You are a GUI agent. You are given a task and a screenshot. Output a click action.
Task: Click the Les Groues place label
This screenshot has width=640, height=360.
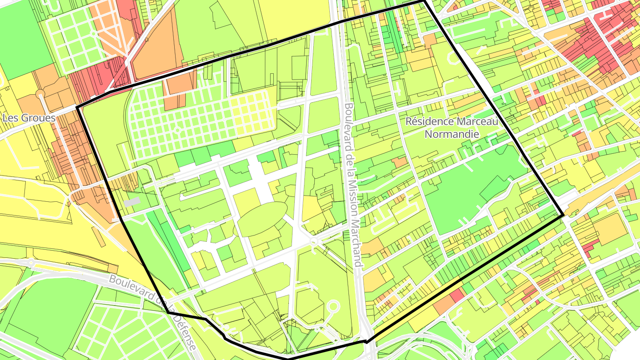[x=29, y=118]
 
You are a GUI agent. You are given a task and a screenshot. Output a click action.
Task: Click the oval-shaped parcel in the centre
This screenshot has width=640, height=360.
[x=262, y=219]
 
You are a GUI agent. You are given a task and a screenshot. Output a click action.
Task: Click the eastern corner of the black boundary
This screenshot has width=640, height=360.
[x=564, y=216]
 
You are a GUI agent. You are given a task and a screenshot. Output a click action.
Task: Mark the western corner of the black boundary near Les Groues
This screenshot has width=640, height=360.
[x=77, y=107]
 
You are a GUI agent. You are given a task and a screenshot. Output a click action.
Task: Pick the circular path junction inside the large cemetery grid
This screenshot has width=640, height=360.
[x=177, y=130]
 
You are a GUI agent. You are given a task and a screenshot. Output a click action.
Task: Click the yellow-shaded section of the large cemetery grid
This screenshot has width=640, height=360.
[x=251, y=113]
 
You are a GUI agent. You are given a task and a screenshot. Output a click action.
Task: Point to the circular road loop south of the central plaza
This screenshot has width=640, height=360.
[x=333, y=307]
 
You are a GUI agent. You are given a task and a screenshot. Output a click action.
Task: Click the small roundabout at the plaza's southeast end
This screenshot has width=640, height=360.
[x=314, y=242]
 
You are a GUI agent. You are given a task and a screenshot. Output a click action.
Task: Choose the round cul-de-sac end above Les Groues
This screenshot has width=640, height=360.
[x=40, y=94]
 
